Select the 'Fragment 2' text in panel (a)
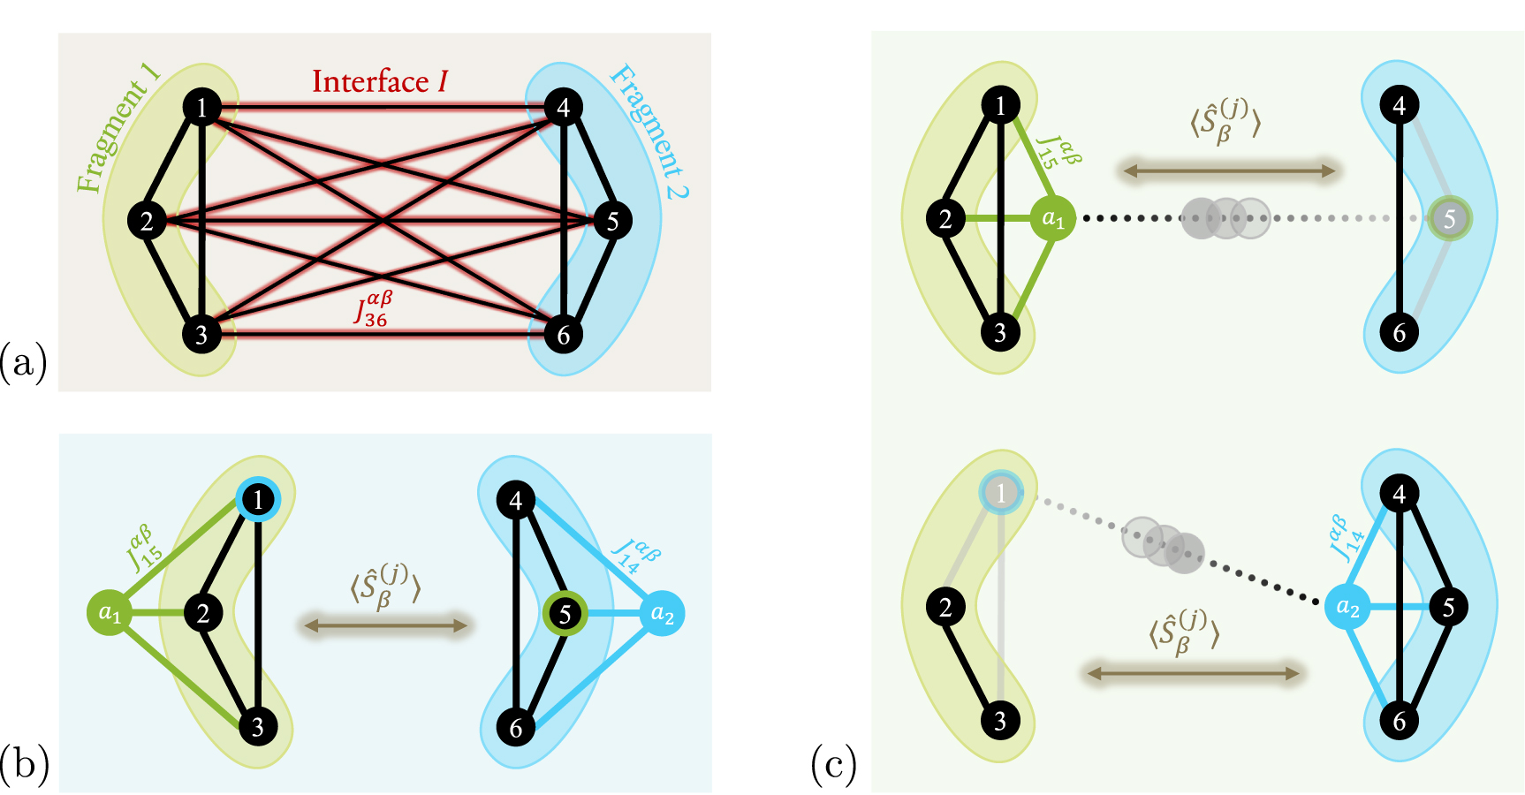[650, 132]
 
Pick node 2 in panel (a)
[147, 221]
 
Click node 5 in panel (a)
[612, 221]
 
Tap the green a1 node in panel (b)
[110, 613]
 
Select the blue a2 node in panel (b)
[662, 614]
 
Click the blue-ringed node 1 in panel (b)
[258, 501]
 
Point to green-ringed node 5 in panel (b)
[565, 614]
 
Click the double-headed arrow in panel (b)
[385, 626]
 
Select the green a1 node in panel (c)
[1053, 218]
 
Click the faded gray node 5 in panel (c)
[1449, 218]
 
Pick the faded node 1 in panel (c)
[1000, 493]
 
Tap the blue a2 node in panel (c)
[1347, 607]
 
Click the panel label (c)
[833, 766]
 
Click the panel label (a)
[24, 363]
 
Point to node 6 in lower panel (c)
[1400, 721]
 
